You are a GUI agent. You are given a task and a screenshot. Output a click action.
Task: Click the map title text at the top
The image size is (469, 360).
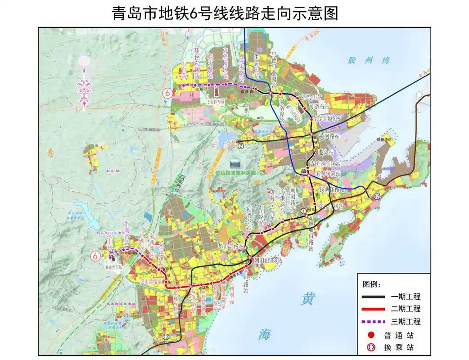click(225, 13)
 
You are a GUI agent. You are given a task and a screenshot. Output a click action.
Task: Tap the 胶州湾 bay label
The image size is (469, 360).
click(368, 61)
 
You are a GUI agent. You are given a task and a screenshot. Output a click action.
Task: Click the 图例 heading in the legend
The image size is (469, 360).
click(372, 284)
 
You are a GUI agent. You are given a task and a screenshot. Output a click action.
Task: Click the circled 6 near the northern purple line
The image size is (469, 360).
click(167, 94)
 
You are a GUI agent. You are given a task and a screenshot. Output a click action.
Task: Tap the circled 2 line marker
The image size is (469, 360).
click(241, 145)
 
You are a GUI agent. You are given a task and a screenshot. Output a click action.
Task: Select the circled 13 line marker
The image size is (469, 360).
click(167, 337)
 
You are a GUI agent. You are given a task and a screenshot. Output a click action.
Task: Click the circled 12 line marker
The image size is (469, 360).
click(376, 197)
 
